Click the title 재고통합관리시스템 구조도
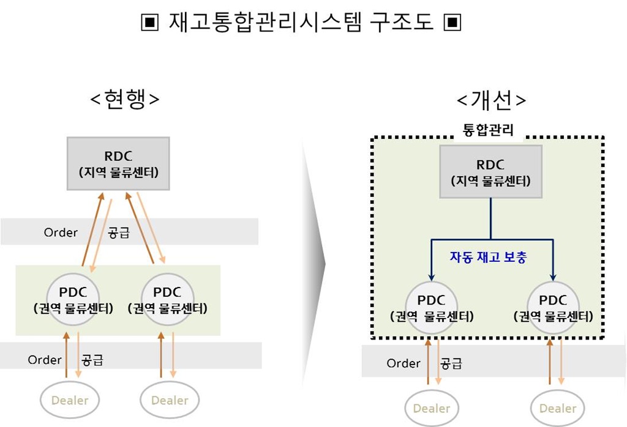pyautogui.click(x=301, y=21)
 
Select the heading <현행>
pyautogui.click(x=125, y=98)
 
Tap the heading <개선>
pyautogui.click(x=491, y=100)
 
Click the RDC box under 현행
pyautogui.click(x=118, y=163)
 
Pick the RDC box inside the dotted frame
pyautogui.click(x=490, y=171)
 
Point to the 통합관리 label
pyautogui.click(x=488, y=130)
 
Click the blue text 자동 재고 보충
pyautogui.click(x=488, y=257)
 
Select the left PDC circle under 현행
pyautogui.click(x=73, y=300)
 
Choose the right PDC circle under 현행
pyautogui.click(x=168, y=300)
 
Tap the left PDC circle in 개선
pyautogui.click(x=431, y=308)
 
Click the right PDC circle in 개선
pyautogui.click(x=554, y=308)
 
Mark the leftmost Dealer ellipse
pyautogui.click(x=70, y=400)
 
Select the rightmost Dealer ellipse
pyautogui.click(x=557, y=408)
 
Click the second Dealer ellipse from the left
pyautogui.click(x=170, y=400)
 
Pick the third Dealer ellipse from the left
pyautogui.click(x=432, y=408)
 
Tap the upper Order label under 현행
pyautogui.click(x=61, y=232)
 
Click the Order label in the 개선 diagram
pyautogui.click(x=404, y=363)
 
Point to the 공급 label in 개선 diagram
pyautogui.click(x=451, y=363)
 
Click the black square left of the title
pyautogui.click(x=150, y=23)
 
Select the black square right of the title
pyautogui.click(x=452, y=23)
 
